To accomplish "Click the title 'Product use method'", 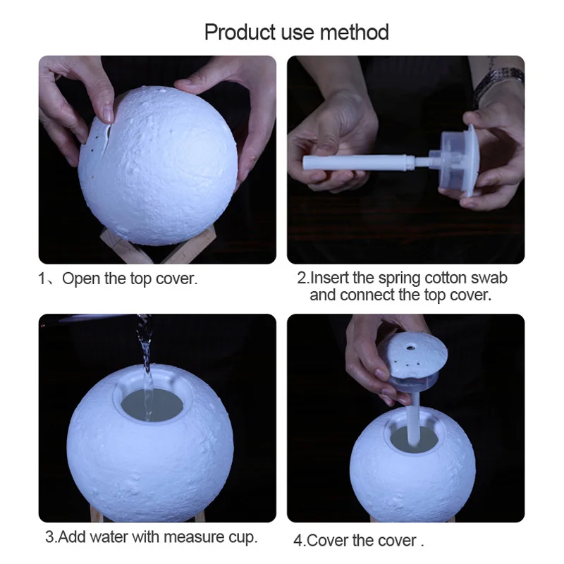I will point(296,32).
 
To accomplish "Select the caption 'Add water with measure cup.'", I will point(152,537).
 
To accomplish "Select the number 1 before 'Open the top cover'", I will point(41,278).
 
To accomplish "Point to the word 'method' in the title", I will point(356,32).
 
